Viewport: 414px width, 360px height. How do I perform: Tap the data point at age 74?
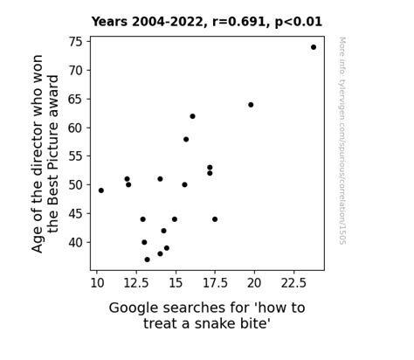pyautogui.click(x=314, y=47)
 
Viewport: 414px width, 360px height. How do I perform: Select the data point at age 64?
pyautogui.click(x=251, y=105)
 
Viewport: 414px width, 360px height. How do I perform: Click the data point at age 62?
pyautogui.click(x=192, y=116)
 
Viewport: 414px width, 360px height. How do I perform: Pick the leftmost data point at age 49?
pyautogui.click(x=101, y=190)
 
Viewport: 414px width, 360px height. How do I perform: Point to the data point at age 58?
pyautogui.click(x=186, y=139)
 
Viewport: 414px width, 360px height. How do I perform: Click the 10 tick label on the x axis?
pyautogui.click(x=96, y=283)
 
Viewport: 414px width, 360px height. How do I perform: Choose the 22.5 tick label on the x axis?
pyautogui.click(x=293, y=283)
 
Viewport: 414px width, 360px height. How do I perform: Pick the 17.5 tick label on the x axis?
pyautogui.click(x=215, y=283)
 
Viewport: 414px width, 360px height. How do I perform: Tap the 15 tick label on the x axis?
pyautogui.click(x=176, y=283)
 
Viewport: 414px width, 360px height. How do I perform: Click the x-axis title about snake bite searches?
pyautogui.click(x=206, y=315)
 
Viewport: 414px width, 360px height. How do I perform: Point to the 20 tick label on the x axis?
pyautogui.click(x=254, y=283)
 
